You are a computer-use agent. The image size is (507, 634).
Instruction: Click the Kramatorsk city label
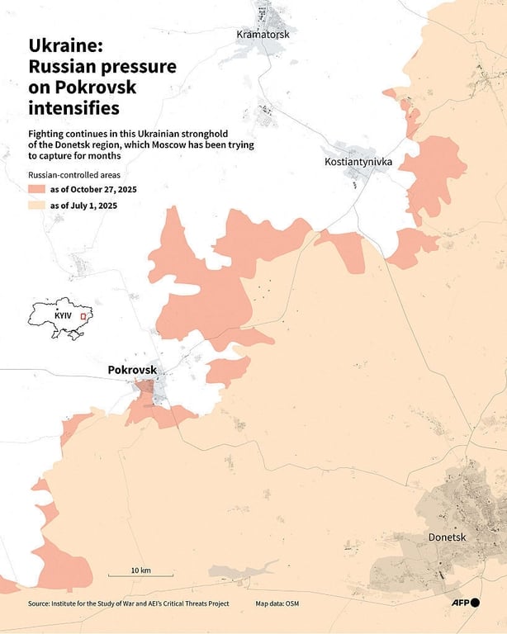point(263,35)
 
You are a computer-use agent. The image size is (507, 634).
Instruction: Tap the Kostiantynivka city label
point(358,163)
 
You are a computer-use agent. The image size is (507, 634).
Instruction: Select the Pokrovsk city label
point(132,371)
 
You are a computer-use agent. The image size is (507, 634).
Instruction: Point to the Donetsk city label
point(448,537)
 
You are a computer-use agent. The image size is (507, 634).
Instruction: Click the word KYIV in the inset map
point(63,316)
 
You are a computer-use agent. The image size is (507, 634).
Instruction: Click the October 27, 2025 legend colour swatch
point(36,190)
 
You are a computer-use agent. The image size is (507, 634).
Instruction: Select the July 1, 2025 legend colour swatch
point(36,206)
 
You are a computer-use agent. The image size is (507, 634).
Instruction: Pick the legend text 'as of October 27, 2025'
point(93,190)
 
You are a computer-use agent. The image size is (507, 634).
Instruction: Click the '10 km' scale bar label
point(140,570)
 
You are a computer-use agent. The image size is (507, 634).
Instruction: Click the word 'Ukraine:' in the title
point(63,46)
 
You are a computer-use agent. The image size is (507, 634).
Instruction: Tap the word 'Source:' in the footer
point(43,604)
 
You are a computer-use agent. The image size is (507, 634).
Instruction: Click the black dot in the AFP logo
point(475,603)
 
